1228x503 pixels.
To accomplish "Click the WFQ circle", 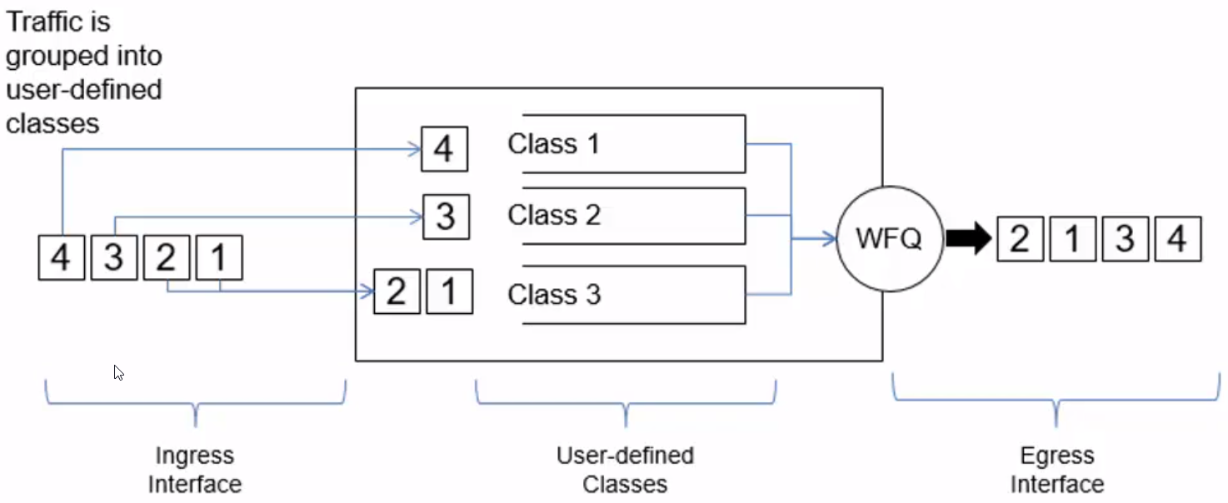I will coord(888,240).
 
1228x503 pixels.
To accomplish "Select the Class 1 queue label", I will coord(553,144).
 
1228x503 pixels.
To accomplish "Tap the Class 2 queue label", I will coord(554,216).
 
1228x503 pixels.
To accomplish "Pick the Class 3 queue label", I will coord(554,295).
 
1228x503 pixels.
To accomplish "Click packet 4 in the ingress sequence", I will coord(62,258).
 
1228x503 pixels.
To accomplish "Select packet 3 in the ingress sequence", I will coord(114,258).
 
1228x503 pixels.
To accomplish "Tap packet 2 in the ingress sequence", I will coord(167,258).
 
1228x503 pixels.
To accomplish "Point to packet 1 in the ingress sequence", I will coord(219,258).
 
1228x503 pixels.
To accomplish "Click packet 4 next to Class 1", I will coord(444,150).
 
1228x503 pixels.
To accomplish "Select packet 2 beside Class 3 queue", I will coord(397,291).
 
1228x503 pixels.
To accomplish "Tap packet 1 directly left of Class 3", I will coord(449,291).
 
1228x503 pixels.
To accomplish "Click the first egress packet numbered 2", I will coord(1020,240).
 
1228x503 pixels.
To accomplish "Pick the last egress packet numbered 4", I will coord(1176,240).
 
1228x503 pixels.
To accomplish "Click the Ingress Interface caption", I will coord(194,470).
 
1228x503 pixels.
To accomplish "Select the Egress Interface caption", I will coord(1056,470).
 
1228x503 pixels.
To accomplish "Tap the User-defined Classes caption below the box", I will coord(625,470).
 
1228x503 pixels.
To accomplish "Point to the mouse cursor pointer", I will coord(118,372).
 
